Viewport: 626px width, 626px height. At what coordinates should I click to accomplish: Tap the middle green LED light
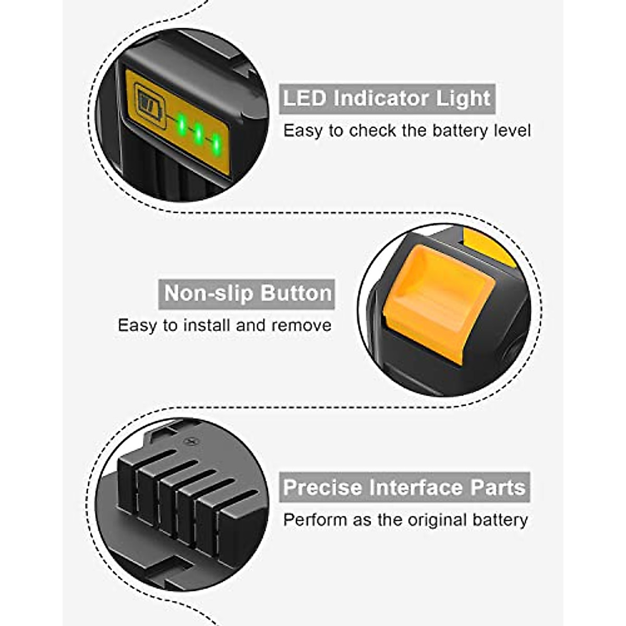(x=198, y=133)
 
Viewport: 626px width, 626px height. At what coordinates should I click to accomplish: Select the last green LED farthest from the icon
(x=215, y=141)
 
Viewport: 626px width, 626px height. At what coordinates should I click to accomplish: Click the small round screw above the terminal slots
(x=190, y=441)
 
